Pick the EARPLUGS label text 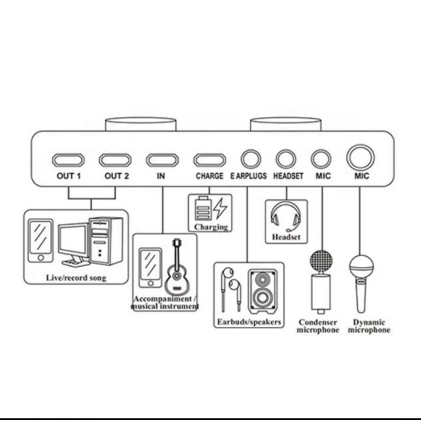tap(248, 176)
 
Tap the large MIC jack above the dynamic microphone tap(360, 157)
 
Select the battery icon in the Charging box tap(203, 209)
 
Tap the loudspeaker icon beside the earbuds tap(260, 290)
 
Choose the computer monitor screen tap(72, 243)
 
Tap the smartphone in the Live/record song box tap(41, 240)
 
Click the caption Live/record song tap(75, 277)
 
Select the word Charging tap(211, 227)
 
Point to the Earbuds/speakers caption tap(249, 322)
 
